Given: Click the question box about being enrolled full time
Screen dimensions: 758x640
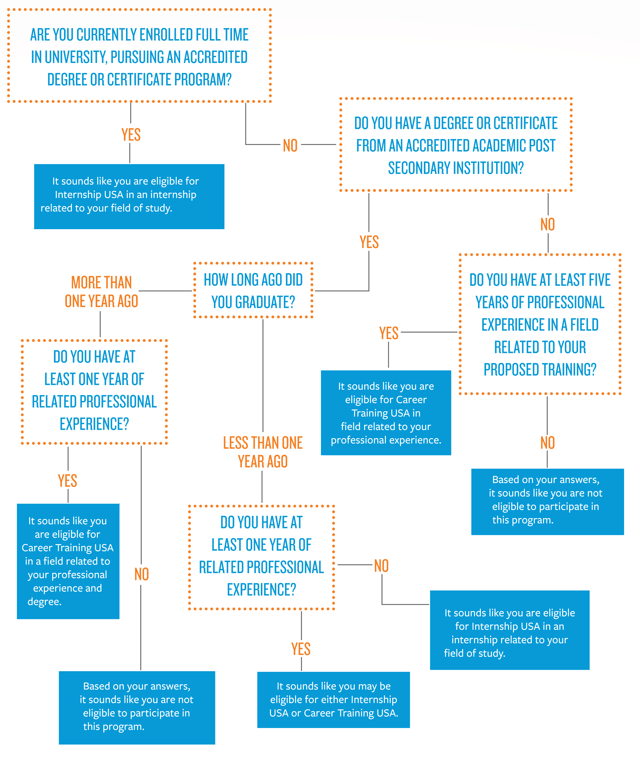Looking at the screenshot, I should coord(139,56).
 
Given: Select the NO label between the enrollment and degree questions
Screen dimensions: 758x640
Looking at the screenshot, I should coord(290,145).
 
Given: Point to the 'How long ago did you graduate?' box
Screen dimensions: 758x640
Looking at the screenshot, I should coord(253,290).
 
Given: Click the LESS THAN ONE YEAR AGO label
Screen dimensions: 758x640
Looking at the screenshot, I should coord(263,452).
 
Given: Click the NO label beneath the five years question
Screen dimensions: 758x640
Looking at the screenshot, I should coord(547,443).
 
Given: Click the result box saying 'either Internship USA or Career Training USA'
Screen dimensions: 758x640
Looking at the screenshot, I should coord(333,699).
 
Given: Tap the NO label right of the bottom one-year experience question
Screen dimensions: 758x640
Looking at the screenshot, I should coord(381,566).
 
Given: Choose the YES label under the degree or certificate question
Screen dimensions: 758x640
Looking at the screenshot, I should coord(369,242).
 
